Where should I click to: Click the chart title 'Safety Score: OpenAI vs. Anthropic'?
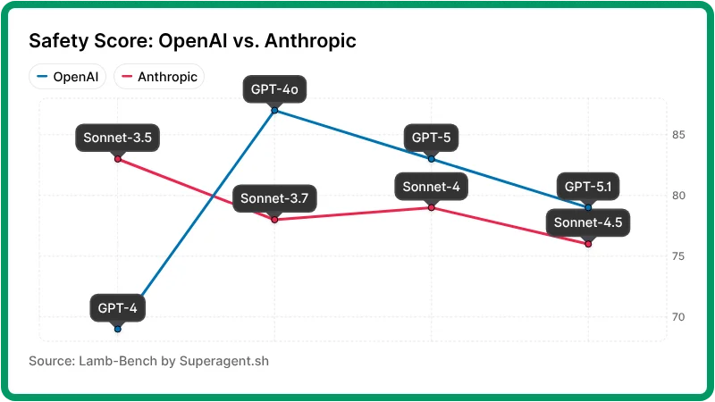pyautogui.click(x=193, y=41)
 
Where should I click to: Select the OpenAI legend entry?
pyautogui.click(x=67, y=77)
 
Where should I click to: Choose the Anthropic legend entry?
pyautogui.click(x=159, y=77)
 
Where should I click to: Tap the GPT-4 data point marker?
pyautogui.click(x=117, y=329)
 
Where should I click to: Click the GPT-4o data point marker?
pyautogui.click(x=274, y=110)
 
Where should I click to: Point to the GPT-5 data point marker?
pyautogui.click(x=432, y=159)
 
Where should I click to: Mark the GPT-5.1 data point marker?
pyautogui.click(x=588, y=207)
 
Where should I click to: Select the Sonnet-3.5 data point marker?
pyautogui.click(x=117, y=159)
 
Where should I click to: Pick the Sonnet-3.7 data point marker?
pyautogui.click(x=274, y=219)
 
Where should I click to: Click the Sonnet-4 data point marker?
pyautogui.click(x=432, y=207)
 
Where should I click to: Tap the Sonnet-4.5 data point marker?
pyautogui.click(x=588, y=243)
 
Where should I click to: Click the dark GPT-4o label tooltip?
pyautogui.click(x=274, y=89)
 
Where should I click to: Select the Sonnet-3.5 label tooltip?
pyautogui.click(x=117, y=138)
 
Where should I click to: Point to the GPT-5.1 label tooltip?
pyautogui.click(x=588, y=187)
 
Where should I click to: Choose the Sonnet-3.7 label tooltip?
pyautogui.click(x=274, y=198)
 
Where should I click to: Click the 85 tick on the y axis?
pyautogui.click(x=678, y=135)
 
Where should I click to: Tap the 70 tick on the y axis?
pyautogui.click(x=678, y=317)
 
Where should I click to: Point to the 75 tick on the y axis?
pyautogui.click(x=678, y=256)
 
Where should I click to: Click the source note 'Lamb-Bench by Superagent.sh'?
pyautogui.click(x=148, y=362)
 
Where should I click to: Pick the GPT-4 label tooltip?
pyautogui.click(x=117, y=308)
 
